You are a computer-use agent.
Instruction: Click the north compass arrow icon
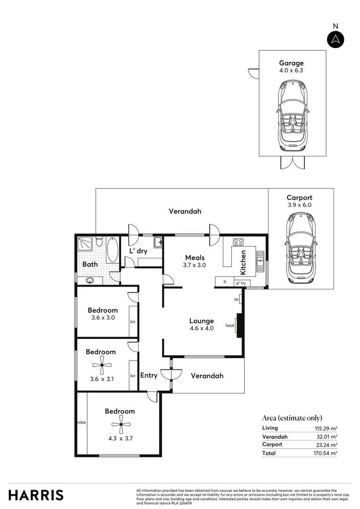335,39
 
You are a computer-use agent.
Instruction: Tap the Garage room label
291,63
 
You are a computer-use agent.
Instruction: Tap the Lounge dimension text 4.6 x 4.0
202,328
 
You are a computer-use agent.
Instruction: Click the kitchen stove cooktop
238,243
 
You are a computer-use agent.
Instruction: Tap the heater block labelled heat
240,326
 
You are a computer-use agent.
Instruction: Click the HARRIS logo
36,495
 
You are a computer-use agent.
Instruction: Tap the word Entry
149,376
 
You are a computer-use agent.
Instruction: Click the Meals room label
195,257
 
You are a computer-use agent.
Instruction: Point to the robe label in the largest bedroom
81,422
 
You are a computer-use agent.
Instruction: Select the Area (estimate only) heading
292,418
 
